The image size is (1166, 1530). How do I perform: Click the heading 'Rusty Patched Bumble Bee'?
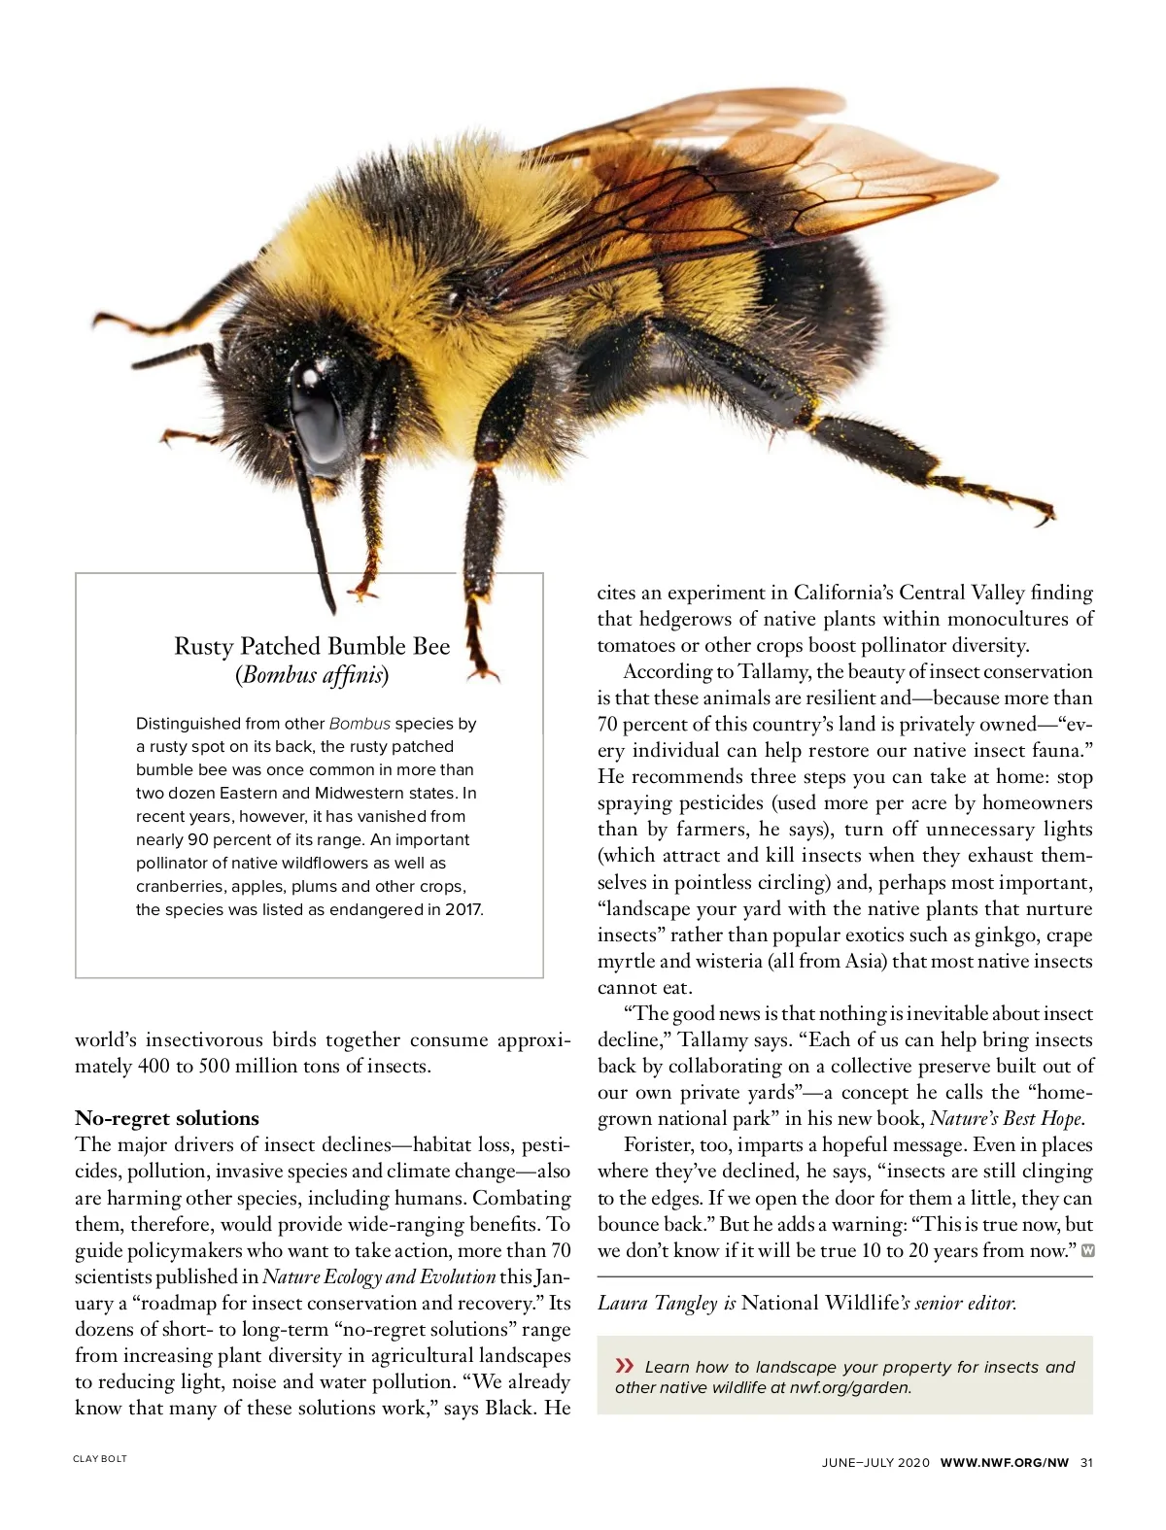312,646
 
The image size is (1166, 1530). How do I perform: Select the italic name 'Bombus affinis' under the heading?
312,674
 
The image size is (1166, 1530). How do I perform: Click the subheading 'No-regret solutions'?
167,1118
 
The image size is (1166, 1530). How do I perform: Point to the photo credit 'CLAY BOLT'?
100,1459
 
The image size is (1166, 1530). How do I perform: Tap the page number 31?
1086,1463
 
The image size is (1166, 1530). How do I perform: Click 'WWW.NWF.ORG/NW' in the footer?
1004,1463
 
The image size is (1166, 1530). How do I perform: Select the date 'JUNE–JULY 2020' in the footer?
875,1463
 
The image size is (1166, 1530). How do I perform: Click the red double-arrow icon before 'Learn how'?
625,1366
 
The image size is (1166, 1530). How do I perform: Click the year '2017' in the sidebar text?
462,910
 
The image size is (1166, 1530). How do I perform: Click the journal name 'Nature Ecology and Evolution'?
379,1276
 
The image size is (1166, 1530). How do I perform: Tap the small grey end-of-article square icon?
1087,1250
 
